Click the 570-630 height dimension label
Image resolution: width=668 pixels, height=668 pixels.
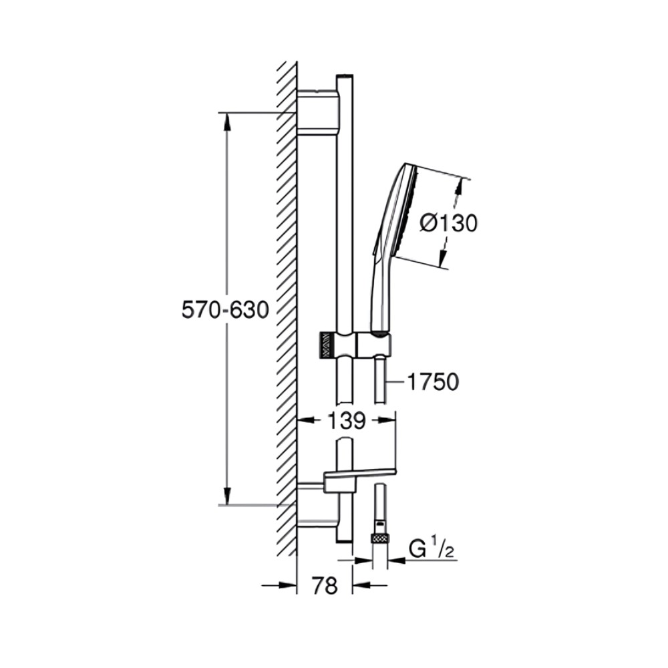225,310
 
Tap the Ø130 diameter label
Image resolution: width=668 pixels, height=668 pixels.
448,223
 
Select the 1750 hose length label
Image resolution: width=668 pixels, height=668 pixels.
434,381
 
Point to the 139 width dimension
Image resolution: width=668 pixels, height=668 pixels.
346,421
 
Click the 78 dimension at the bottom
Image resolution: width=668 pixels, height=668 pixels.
325,585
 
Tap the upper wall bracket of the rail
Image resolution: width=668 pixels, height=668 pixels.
319,112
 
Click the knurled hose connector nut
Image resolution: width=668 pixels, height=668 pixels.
381,538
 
